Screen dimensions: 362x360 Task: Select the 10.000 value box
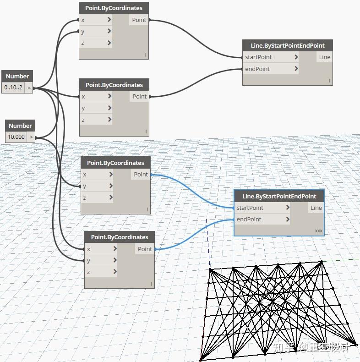pyautogui.click(x=16, y=137)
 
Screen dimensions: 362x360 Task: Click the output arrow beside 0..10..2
pyautogui.click(x=29, y=88)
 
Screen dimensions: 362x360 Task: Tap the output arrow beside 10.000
pyautogui.click(x=31, y=137)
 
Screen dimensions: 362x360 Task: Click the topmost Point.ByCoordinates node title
pyautogui.click(x=114, y=8)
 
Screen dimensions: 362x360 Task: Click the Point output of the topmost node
pyautogui.click(x=139, y=20)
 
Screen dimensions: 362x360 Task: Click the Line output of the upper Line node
pyautogui.click(x=324, y=57)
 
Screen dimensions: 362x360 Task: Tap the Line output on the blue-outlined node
pyautogui.click(x=316, y=208)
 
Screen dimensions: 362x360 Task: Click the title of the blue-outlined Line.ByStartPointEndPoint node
pyautogui.click(x=279, y=196)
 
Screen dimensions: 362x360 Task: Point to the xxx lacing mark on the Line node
pyautogui.click(x=318, y=230)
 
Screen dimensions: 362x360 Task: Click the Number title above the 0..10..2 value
pyautogui.click(x=17, y=76)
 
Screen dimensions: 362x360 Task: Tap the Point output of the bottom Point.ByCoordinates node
pyautogui.click(x=145, y=249)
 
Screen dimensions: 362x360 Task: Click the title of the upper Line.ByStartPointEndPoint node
pyautogui.click(x=288, y=45)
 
